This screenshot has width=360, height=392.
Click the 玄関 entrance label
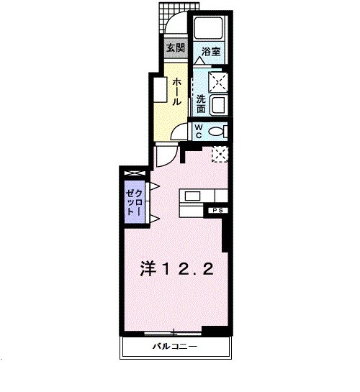[175, 48]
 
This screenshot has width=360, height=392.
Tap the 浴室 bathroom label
[211, 52]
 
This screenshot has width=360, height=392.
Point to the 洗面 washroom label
[202, 105]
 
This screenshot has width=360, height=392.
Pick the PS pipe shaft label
[217, 210]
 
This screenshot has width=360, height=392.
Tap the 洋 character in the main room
[148, 268]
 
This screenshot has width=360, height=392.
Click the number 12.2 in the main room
[189, 268]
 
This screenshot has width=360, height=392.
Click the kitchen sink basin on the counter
[194, 195]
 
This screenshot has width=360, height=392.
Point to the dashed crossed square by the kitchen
[219, 152]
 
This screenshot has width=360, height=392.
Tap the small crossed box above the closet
[135, 174]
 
